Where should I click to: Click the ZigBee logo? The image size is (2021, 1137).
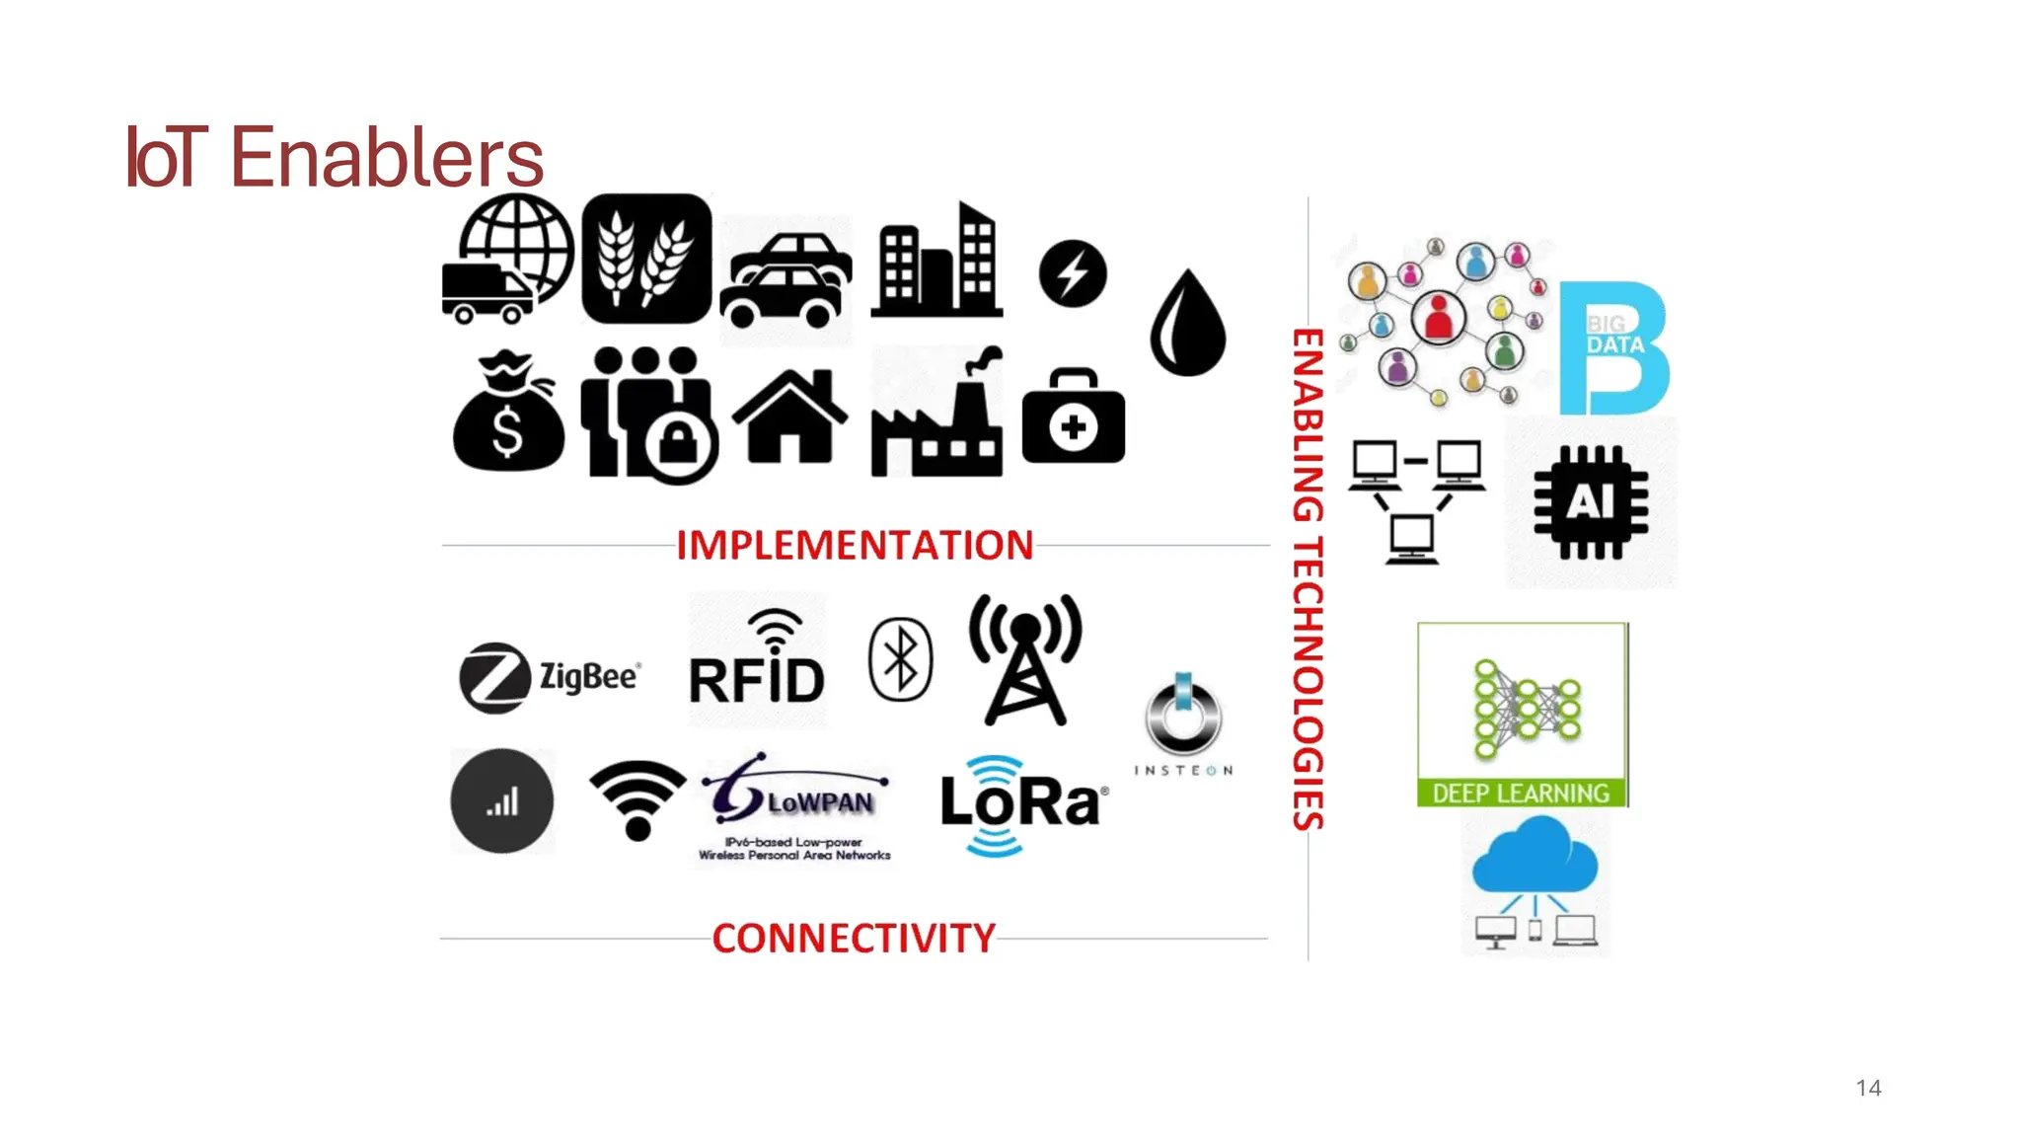(551, 677)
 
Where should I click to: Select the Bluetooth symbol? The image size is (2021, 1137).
(900, 659)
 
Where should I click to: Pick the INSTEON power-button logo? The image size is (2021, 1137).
(1183, 721)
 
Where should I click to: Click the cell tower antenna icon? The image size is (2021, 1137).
(1025, 659)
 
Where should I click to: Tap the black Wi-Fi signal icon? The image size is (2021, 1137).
(637, 798)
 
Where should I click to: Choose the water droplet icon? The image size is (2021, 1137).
(1188, 323)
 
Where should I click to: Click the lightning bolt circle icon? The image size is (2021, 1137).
(1073, 273)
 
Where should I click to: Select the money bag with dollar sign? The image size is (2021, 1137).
(508, 414)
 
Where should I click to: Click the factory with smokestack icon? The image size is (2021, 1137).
(937, 415)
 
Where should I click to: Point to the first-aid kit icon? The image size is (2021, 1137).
(1073, 417)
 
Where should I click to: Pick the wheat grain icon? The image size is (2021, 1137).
(646, 259)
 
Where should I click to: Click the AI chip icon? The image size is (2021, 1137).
(1590, 502)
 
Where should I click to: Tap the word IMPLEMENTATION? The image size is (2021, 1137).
(855, 546)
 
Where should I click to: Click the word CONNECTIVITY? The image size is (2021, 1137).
(854, 939)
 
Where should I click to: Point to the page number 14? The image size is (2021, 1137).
(1868, 1089)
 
